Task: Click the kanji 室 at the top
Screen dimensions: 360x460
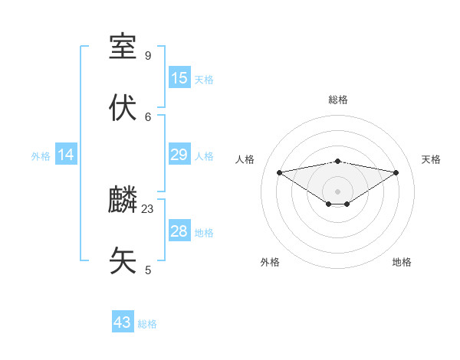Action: (123, 47)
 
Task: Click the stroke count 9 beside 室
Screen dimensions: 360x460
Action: (148, 55)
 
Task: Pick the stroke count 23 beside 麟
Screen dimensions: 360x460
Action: (148, 208)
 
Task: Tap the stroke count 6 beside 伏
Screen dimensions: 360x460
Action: (148, 116)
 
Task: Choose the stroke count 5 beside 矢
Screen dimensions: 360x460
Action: (148, 270)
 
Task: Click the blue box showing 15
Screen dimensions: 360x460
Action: (179, 78)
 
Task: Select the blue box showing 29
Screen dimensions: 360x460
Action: (179, 155)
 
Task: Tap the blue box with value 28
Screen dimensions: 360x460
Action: (179, 231)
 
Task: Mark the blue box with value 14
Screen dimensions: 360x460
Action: (66, 155)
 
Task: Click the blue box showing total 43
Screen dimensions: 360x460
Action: (123, 322)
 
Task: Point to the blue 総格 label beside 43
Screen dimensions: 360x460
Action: (147, 324)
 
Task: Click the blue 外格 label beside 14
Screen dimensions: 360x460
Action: (41, 156)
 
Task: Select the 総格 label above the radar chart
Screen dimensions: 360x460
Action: (338, 100)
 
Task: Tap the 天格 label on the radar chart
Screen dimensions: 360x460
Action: (432, 159)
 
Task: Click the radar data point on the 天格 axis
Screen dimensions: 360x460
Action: (396, 172)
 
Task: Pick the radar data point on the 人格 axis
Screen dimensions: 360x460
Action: (279, 172)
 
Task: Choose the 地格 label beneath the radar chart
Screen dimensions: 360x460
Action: (402, 262)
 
